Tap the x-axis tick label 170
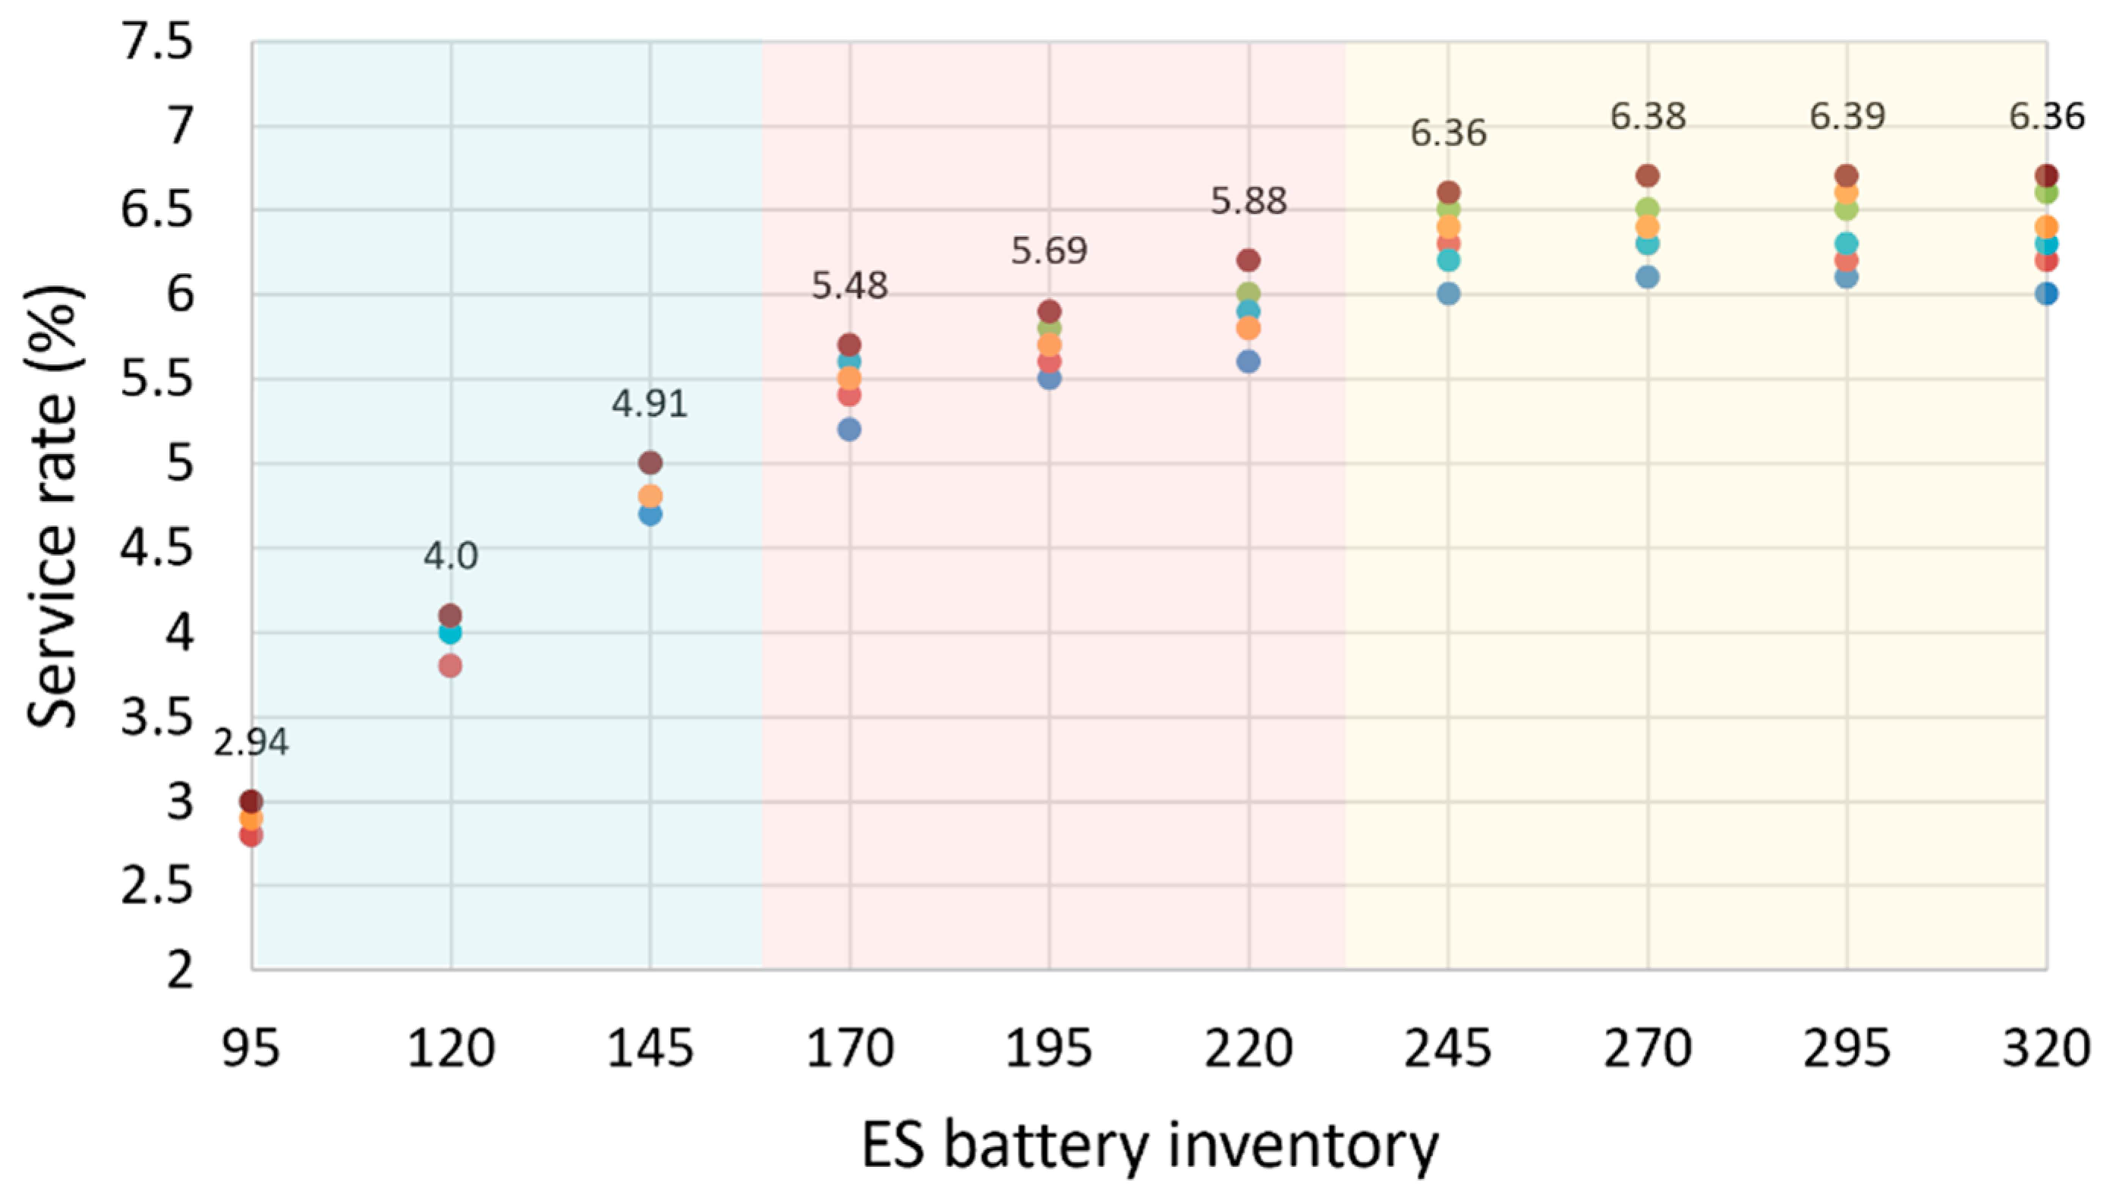tap(849, 1049)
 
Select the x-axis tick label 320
tap(2046, 1049)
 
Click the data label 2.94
tap(250, 742)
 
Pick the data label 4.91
tap(649, 403)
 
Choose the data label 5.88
tap(1248, 201)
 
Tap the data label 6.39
tap(1847, 115)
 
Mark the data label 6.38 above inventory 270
tap(1647, 116)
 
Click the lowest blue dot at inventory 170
tap(849, 429)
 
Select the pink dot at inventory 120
tap(450, 666)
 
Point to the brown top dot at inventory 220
tap(1249, 260)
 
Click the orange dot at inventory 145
tap(650, 496)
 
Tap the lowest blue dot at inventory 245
tap(1448, 294)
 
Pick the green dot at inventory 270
tap(1647, 209)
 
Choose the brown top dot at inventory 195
tap(1049, 312)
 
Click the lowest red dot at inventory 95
tap(250, 836)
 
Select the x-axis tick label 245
tap(1447, 1049)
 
